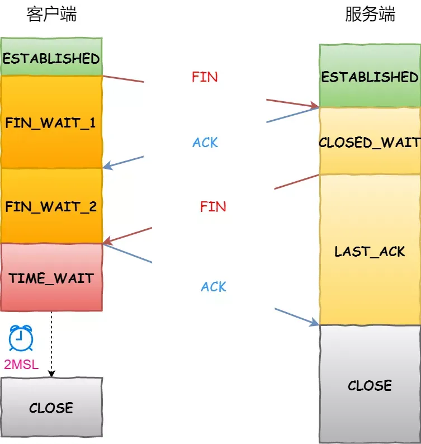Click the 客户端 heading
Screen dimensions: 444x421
coord(51,14)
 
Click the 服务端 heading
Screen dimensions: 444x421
coord(370,14)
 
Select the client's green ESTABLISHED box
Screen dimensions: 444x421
coord(51,58)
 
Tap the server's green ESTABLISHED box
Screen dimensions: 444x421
coord(370,76)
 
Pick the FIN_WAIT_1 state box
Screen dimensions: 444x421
coord(51,122)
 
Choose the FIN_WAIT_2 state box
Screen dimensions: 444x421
coord(51,206)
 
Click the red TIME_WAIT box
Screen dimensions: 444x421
coord(51,277)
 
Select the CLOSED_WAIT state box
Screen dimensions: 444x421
coord(370,142)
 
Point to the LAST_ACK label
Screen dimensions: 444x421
coord(370,251)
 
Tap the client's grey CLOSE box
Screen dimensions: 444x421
coord(51,407)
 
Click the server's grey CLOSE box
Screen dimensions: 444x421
coord(370,385)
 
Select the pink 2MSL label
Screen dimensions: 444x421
coord(21,365)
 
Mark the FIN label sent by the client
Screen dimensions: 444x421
coord(205,77)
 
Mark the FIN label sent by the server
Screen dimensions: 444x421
coord(213,206)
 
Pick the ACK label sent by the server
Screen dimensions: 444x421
coord(205,143)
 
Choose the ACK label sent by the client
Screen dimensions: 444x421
coord(214,287)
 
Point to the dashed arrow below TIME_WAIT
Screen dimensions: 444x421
coord(51,344)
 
